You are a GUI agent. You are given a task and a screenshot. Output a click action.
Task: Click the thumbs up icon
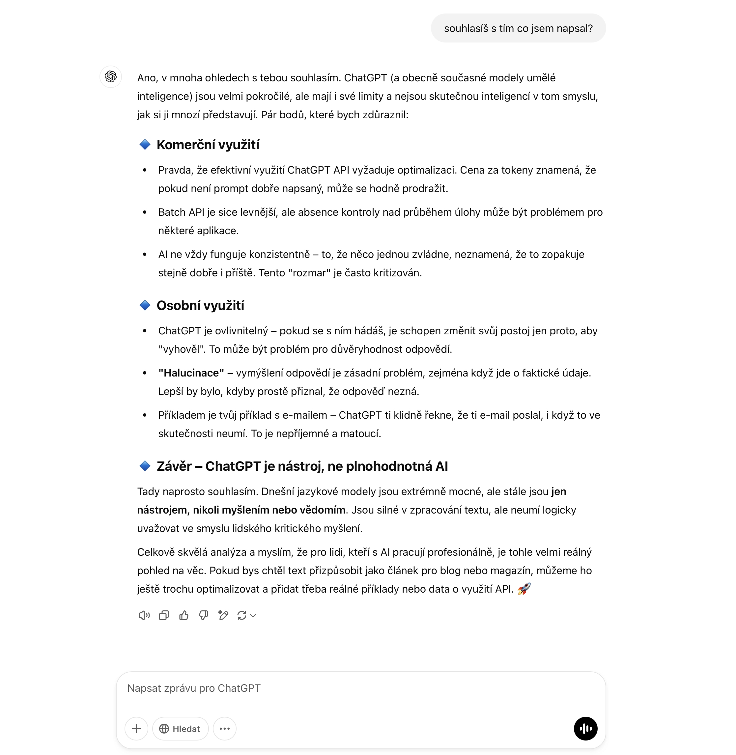coord(184,615)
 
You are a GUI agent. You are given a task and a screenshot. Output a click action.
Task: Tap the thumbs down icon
coord(203,615)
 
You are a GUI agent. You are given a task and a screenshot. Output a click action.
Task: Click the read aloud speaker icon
coord(144,615)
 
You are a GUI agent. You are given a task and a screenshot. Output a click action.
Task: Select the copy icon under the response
coord(164,615)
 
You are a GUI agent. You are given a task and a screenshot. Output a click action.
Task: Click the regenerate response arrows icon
coord(242,615)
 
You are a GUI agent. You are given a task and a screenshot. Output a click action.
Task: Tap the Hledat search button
coord(180,729)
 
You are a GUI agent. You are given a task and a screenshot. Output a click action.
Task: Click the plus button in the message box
coord(136,729)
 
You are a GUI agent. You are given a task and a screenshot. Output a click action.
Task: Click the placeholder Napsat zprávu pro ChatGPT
coord(194,688)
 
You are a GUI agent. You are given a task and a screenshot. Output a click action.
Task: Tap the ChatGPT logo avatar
coord(111,76)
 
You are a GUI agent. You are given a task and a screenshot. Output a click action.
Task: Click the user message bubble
coord(518,28)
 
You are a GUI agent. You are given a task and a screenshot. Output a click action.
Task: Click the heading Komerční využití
coord(208,145)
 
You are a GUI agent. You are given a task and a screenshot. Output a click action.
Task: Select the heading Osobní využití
coord(200,305)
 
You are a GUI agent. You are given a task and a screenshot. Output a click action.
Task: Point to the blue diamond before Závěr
coord(145,466)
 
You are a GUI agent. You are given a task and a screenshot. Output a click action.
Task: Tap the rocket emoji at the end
coord(524,589)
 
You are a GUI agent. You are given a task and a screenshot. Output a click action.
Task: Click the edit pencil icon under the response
coord(223,615)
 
